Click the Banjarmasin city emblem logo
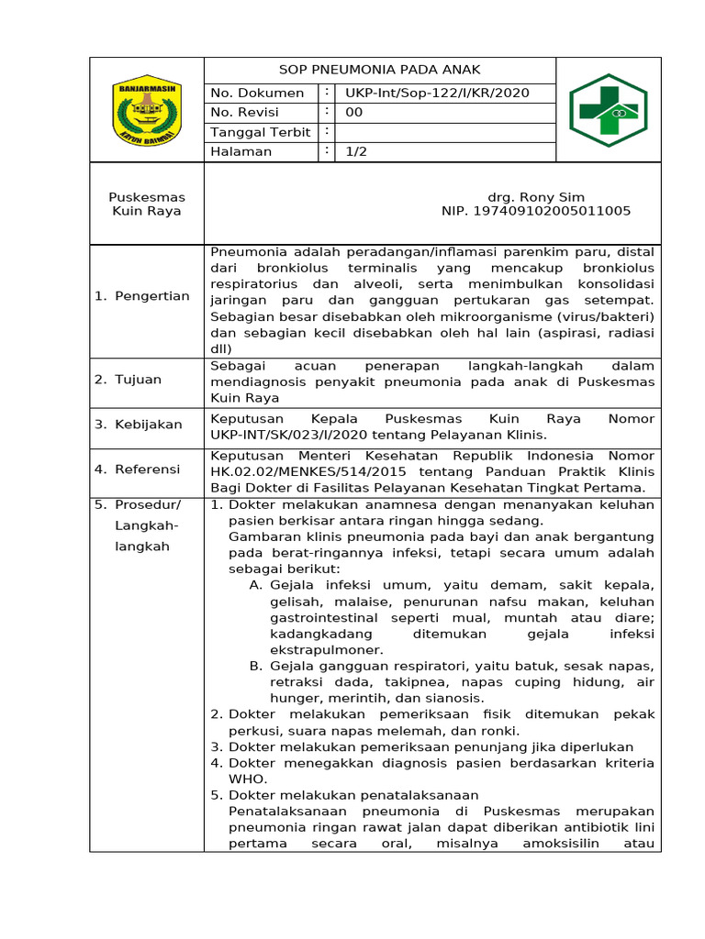(x=146, y=110)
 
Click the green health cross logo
(x=608, y=110)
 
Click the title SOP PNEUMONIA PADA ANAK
(x=379, y=70)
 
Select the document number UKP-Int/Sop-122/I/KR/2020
(x=437, y=93)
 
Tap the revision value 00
(x=354, y=112)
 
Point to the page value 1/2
(x=356, y=151)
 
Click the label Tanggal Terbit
(x=261, y=132)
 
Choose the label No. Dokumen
(x=257, y=93)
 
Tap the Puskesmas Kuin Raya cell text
(x=146, y=204)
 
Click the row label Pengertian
(x=151, y=296)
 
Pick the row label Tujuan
(x=138, y=380)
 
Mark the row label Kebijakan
(x=148, y=425)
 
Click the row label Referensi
(x=147, y=469)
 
